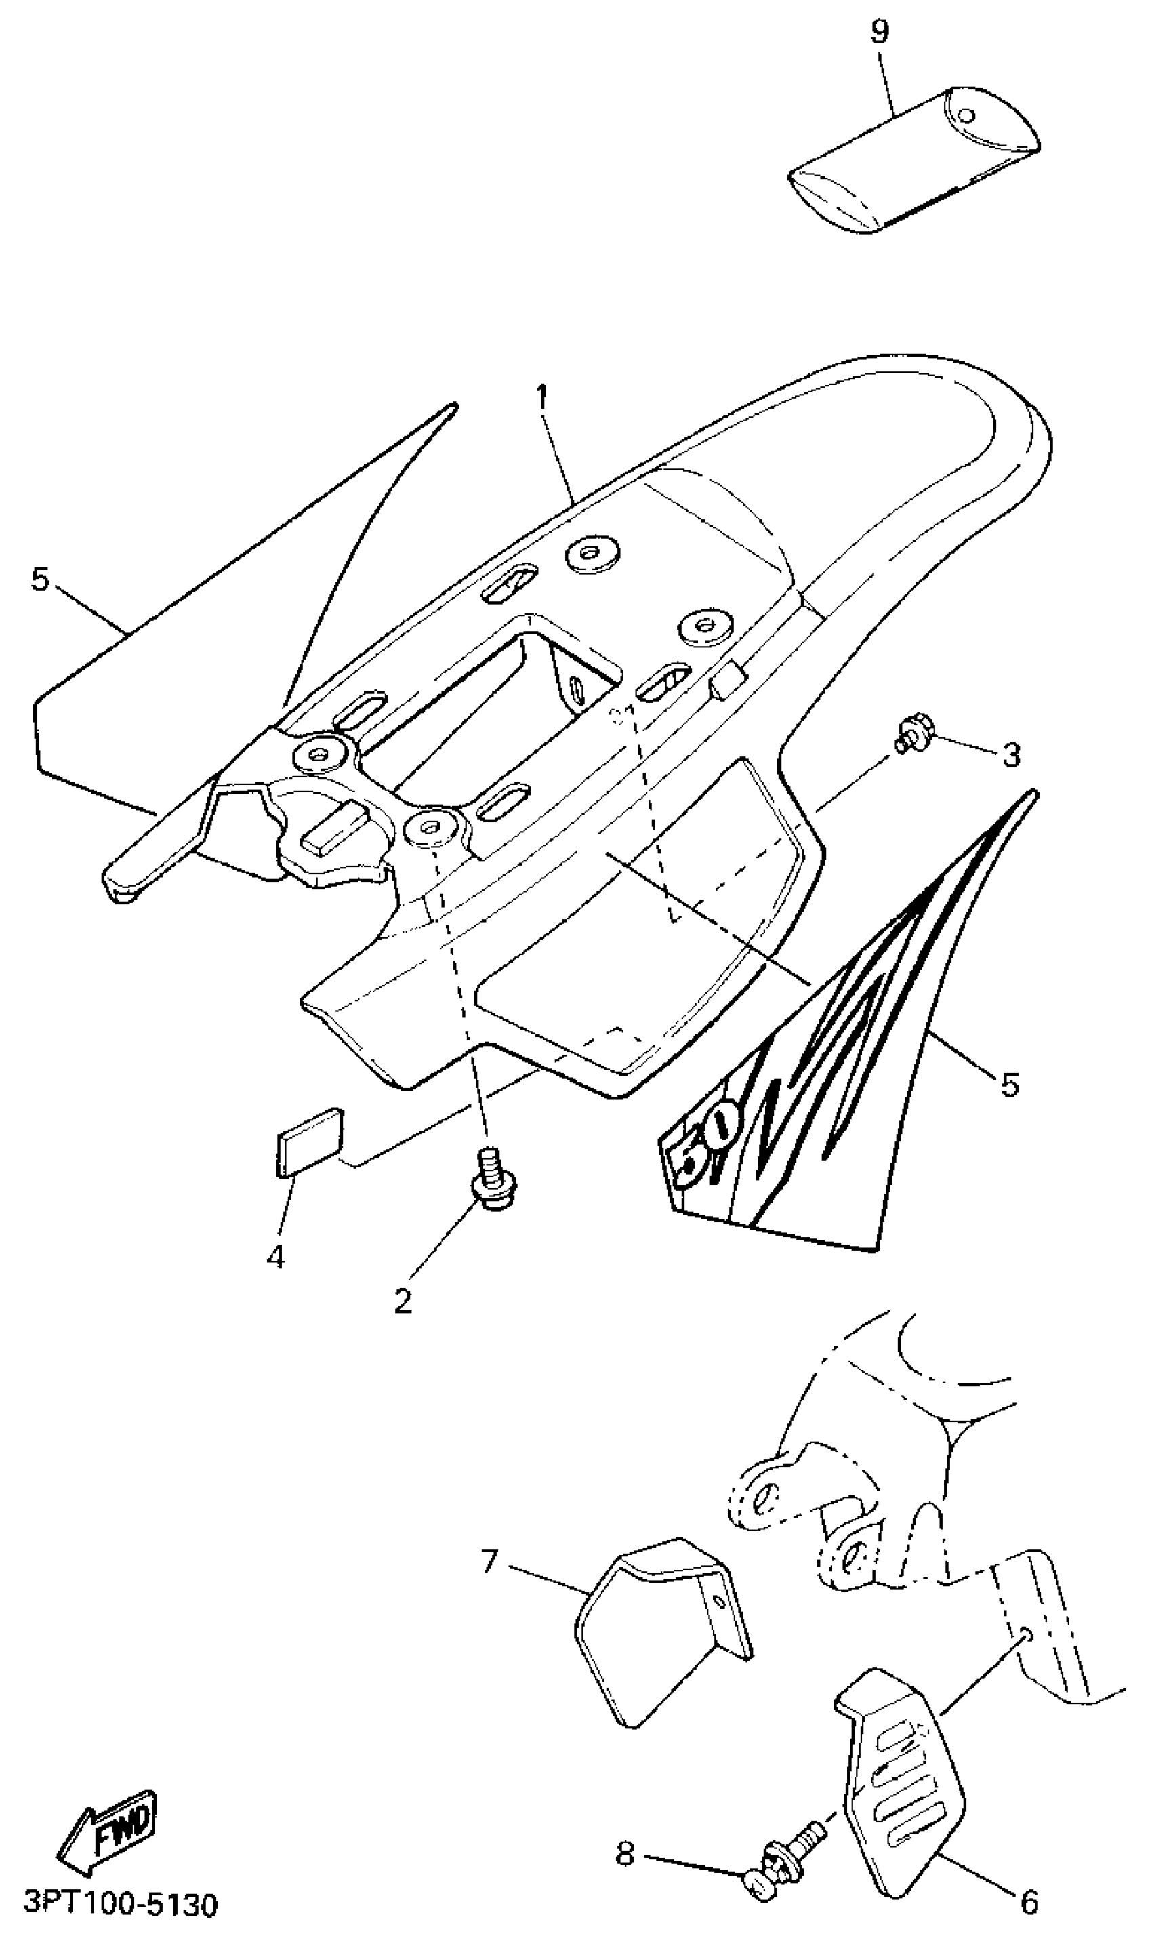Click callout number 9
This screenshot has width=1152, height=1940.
[880, 32]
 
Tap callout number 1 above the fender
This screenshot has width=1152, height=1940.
[542, 399]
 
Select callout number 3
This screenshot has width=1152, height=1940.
[1010, 755]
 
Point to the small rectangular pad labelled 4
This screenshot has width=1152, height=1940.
[308, 1141]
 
